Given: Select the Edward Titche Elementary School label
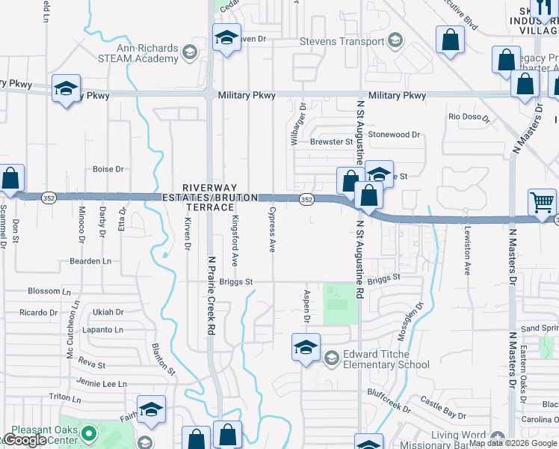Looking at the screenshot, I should (386, 359).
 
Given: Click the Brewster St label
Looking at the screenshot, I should (331, 141).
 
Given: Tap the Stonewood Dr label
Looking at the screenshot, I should (395, 135).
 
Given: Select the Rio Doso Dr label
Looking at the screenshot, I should (469, 117).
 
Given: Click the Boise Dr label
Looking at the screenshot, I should (108, 169).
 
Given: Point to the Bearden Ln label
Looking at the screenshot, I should (90, 261).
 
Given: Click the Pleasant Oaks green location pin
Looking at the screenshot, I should (89, 433).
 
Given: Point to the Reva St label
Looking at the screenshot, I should (91, 364).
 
